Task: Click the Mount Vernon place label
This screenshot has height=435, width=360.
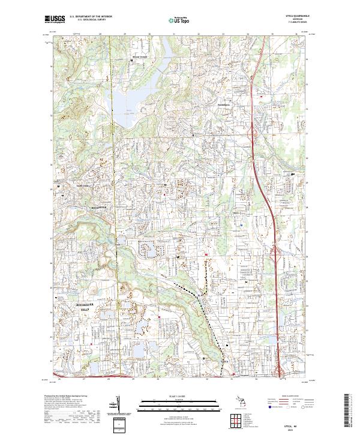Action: [139, 58]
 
